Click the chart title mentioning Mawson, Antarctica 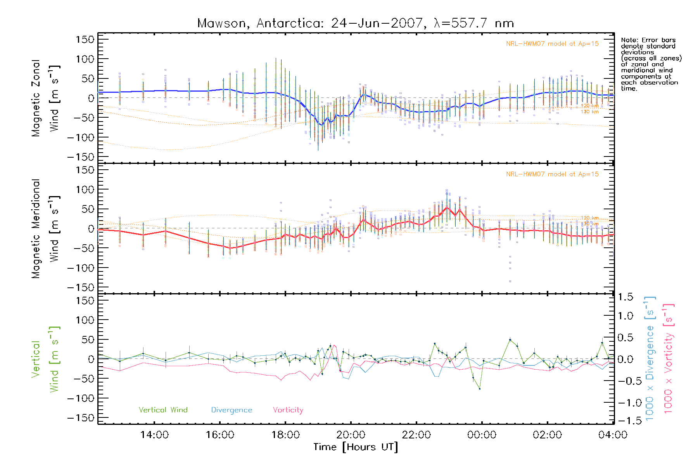coord(356,23)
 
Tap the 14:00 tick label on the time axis coord(154,435)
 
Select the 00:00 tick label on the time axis coord(482,435)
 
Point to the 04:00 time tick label coord(613,435)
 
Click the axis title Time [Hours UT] coord(356,447)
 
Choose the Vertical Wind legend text coord(163,410)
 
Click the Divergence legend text coord(232,410)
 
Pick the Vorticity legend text coord(288,410)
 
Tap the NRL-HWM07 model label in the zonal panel coord(552,44)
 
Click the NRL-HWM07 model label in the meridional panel coord(552,174)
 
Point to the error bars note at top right coord(651,64)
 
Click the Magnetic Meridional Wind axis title coord(46,229)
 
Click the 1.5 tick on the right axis coord(625,297)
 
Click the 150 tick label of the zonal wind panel coord(85,39)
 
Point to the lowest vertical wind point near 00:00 coord(480,389)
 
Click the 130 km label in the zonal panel coord(589,112)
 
